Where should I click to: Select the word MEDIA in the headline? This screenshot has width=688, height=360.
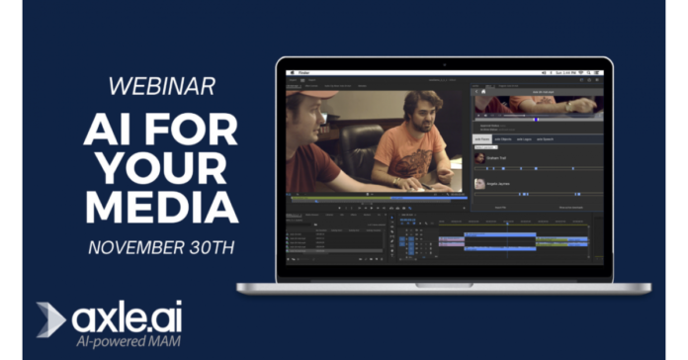(x=160, y=207)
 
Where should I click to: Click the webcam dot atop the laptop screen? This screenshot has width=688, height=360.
(x=444, y=64)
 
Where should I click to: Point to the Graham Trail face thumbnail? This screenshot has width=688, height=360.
(x=479, y=157)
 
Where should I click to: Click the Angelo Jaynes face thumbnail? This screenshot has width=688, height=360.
(x=479, y=183)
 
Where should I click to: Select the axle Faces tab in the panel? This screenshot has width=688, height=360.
(x=483, y=139)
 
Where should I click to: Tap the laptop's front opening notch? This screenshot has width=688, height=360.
(x=444, y=285)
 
